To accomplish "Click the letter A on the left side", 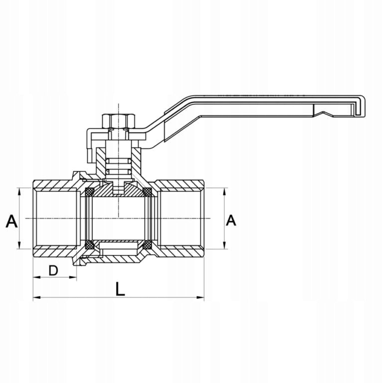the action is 11,221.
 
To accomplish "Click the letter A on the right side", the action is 231,220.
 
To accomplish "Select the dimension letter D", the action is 53,270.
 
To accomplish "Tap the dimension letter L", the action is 120,289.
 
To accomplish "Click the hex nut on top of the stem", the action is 119,121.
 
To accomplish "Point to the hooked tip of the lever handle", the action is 361,106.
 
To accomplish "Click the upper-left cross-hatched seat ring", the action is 89,192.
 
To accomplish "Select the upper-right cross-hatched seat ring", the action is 147,192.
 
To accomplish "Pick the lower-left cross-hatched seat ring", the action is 89,244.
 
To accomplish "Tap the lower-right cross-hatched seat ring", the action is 147,244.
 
